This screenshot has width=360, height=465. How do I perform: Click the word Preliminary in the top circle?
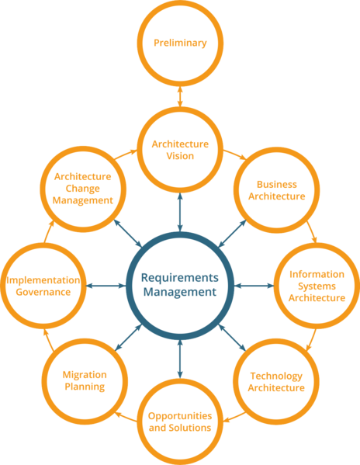tap(180, 43)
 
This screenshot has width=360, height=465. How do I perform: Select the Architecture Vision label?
tap(180, 150)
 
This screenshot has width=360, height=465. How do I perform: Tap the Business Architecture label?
tap(277, 190)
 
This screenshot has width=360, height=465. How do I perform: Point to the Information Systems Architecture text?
tap(317, 286)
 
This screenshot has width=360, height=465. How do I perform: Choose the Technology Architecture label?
tap(276, 382)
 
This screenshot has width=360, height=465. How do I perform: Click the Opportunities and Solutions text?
tap(180, 422)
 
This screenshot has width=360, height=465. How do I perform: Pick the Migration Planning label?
tap(85, 381)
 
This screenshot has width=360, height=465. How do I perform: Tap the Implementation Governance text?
tap(43, 286)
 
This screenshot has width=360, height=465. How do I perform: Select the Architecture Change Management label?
tap(83, 189)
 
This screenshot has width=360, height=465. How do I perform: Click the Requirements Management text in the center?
tap(180, 285)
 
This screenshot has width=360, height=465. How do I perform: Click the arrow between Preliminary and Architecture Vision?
tap(180, 96)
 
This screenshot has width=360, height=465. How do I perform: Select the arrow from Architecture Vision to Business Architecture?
tap(235, 154)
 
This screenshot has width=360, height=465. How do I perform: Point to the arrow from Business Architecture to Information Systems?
tap(312, 231)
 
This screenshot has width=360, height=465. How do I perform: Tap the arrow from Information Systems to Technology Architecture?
tap(311, 340)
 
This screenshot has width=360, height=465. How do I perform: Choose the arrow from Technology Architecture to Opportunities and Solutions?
tap(234, 417)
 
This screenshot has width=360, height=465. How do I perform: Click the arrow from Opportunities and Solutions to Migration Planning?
tap(126, 417)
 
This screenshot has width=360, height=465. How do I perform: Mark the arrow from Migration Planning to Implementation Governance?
tap(49, 340)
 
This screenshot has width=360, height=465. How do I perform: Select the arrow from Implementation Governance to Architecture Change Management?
tap(49, 231)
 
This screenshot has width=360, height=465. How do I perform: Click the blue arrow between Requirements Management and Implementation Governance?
tap(106, 286)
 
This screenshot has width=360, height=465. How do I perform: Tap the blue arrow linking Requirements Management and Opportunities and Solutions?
tap(180, 359)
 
